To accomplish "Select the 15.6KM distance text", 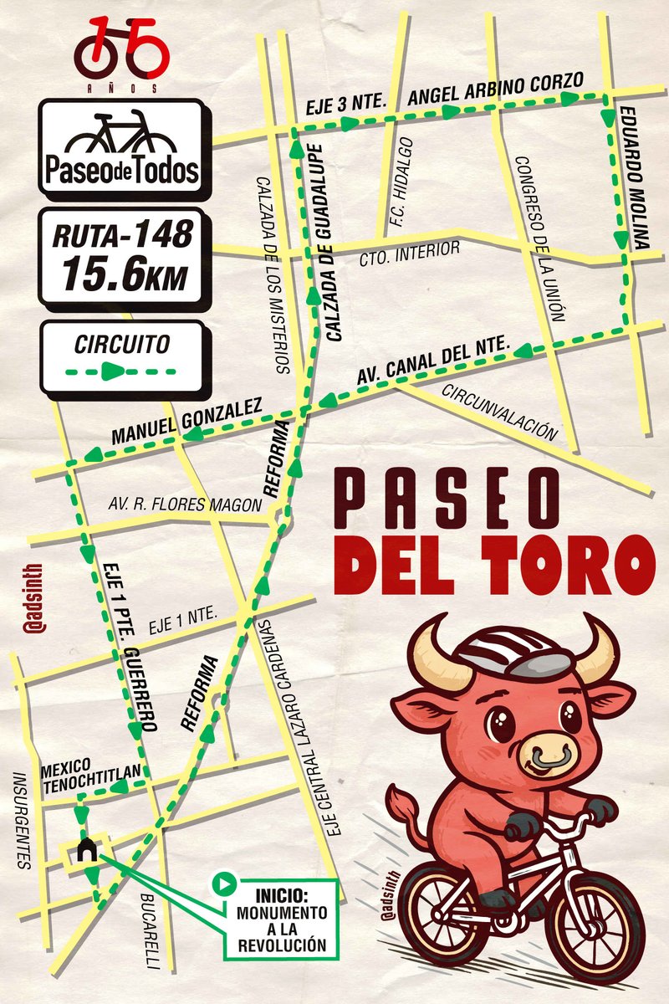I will [122, 274].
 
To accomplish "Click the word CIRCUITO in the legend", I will [122, 343].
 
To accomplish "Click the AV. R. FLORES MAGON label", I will [185, 503].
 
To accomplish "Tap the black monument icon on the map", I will [85, 850].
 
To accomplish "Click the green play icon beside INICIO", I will [223, 882].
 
